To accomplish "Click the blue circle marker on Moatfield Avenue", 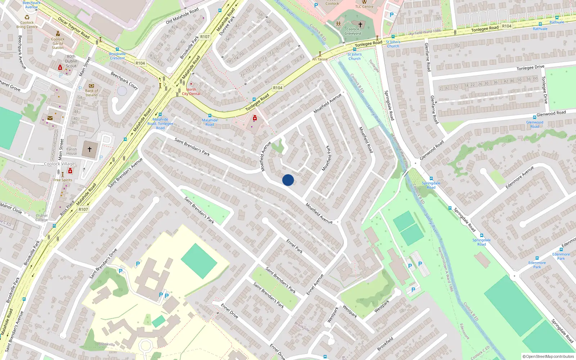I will point(288,180).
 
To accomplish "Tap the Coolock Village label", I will point(59,164).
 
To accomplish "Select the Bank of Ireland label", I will point(91,93).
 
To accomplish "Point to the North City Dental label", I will point(191,91).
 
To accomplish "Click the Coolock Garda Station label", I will point(58,43).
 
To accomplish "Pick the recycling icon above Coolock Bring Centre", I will point(27,17).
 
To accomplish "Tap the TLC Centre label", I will point(364,6).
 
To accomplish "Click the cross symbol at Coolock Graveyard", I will point(360,24).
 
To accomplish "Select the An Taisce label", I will point(320,59).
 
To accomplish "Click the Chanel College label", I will point(41,218).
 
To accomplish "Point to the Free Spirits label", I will point(63,180).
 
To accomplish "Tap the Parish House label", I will point(72,151).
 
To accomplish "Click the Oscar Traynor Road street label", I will point(74,28).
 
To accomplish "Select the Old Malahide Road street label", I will point(182,16).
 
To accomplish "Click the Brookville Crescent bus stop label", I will point(117,56).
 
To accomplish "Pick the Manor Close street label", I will point(11,208).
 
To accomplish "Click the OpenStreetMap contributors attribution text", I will point(548,356).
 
